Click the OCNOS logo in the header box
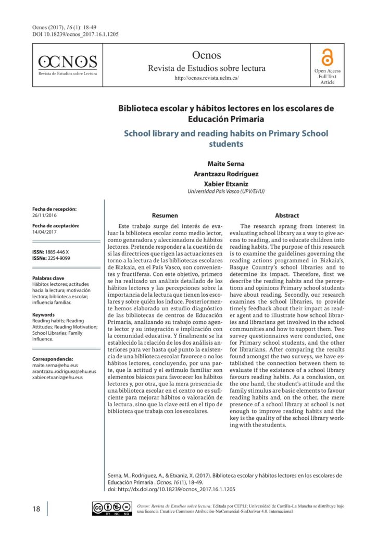tap(68, 65)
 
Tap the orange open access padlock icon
tap(327, 56)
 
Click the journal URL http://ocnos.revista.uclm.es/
tap(206, 78)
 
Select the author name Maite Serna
tap(226, 164)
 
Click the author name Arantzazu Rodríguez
tap(226, 174)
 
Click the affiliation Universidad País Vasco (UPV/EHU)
tap(226, 191)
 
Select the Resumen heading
tap(165, 215)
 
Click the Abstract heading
tap(286, 215)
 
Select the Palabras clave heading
tap(48, 278)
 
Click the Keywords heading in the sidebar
tap(43, 315)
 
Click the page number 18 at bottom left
tap(36, 509)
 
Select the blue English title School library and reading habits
tap(226, 138)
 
